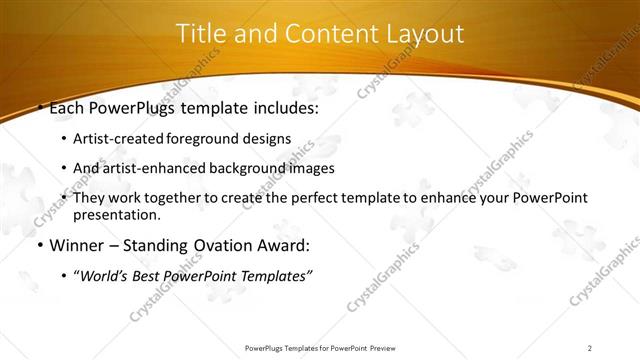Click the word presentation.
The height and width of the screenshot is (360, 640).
coord(118,214)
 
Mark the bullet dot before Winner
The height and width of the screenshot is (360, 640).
coord(39,245)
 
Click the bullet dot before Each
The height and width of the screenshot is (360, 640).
coord(39,108)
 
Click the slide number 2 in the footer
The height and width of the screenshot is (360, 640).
coord(590,348)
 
